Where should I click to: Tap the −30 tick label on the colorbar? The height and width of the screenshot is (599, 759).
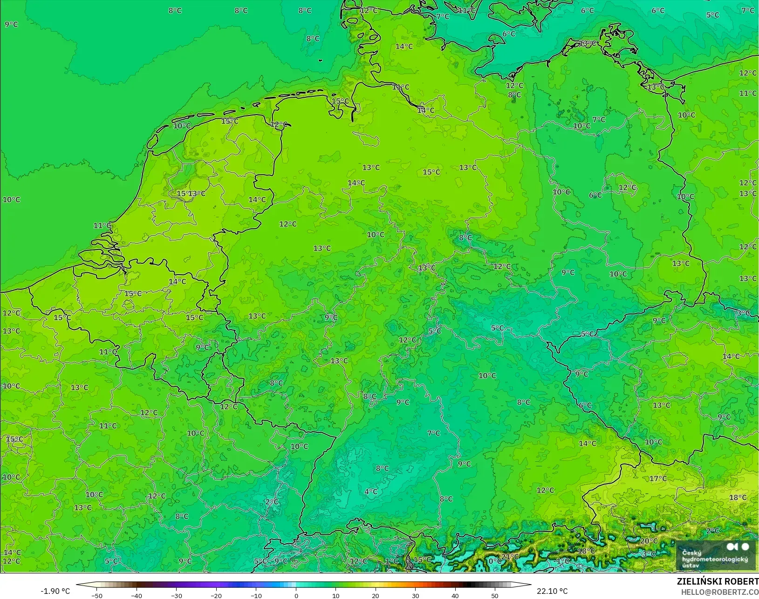(176, 595)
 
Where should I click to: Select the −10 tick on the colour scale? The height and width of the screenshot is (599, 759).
(256, 595)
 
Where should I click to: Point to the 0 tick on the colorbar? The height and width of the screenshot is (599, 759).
(296, 595)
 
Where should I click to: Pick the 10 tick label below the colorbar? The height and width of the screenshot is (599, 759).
(335, 595)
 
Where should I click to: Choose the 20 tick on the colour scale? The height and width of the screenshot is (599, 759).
(376, 595)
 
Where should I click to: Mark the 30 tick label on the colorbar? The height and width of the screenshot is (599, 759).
(415, 595)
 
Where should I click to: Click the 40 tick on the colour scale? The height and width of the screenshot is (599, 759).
(455, 595)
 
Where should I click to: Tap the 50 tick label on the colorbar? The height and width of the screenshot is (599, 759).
(495, 595)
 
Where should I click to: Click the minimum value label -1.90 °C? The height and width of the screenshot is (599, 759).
(55, 591)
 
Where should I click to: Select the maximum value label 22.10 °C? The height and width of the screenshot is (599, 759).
(552, 591)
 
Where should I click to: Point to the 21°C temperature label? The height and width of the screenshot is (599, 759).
(510, 557)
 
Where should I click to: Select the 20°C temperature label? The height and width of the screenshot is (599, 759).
(649, 541)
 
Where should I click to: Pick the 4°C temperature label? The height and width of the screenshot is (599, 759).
(371, 491)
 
